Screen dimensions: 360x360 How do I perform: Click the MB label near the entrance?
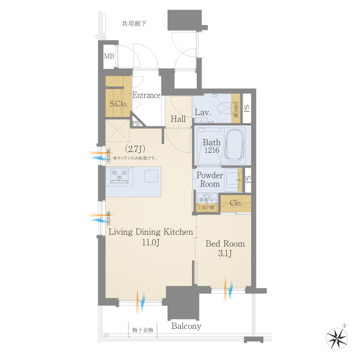[x=109, y=56]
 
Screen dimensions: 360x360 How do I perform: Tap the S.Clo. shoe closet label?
[x=118, y=104]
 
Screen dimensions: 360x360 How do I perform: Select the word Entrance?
[x=146, y=96]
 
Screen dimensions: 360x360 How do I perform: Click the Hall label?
[x=178, y=119]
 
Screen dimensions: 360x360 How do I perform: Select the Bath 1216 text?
[x=211, y=146]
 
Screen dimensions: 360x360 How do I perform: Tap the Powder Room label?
[x=210, y=180]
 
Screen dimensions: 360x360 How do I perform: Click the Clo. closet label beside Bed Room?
[x=236, y=203]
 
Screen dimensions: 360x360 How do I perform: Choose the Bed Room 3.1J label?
[x=225, y=248]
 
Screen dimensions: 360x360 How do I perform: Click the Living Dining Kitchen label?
[x=151, y=237]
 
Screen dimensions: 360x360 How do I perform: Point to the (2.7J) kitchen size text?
[x=134, y=149]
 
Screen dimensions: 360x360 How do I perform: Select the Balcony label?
[x=186, y=326]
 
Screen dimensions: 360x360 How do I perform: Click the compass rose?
[x=337, y=337]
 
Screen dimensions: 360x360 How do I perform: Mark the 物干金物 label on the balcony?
[x=143, y=330]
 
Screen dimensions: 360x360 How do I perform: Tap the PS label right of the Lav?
[x=247, y=108]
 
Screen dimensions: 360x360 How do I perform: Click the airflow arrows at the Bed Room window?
[x=228, y=289]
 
